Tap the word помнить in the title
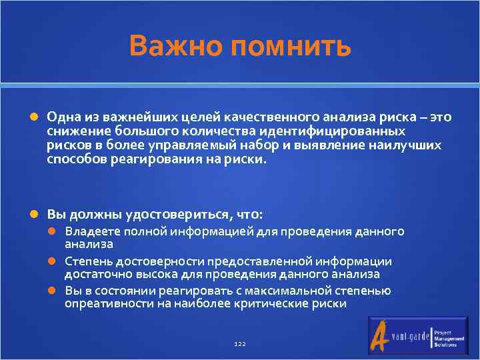290,47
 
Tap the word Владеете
89,231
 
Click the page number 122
240,343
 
